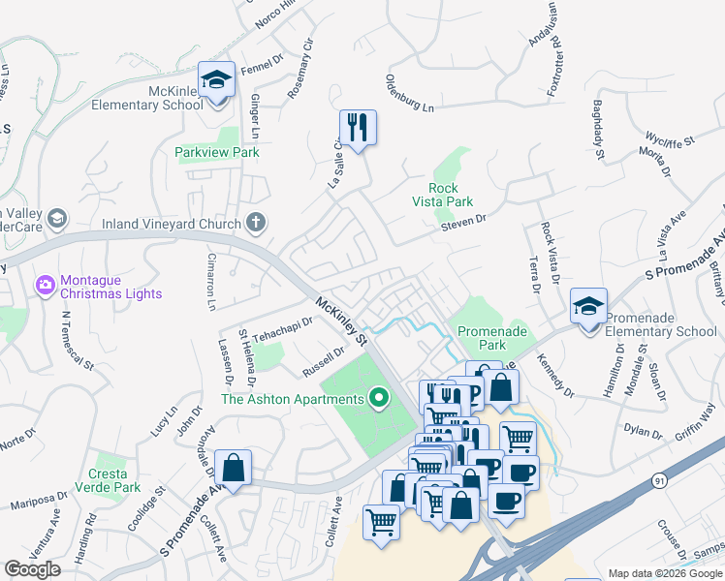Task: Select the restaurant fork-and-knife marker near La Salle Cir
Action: pyautogui.click(x=358, y=127)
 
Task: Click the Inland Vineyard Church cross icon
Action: pyautogui.click(x=255, y=224)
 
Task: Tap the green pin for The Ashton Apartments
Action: pyautogui.click(x=379, y=398)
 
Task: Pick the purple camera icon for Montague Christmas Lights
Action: pyautogui.click(x=45, y=286)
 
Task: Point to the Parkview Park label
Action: pyautogui.click(x=217, y=152)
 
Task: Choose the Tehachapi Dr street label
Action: pyautogui.click(x=283, y=329)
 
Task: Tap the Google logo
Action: pyautogui.click(x=33, y=569)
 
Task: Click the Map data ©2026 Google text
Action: pyautogui.click(x=664, y=573)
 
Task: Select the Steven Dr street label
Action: pyautogui.click(x=462, y=222)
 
